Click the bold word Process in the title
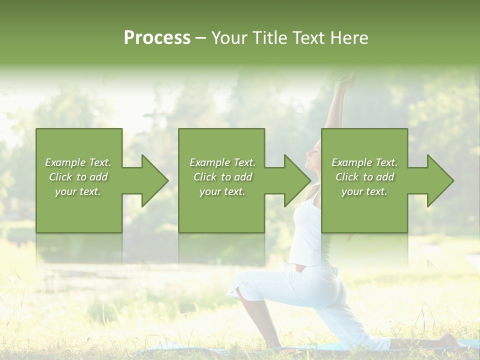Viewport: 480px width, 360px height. (157, 38)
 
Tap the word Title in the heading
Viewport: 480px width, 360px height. (267, 38)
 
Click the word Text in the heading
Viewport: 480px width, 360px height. (308, 38)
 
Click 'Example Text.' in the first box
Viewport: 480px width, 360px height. (78, 162)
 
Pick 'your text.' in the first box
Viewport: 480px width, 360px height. (78, 191)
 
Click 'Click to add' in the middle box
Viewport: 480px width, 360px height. (222, 177)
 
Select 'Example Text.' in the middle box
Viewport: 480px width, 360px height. (222, 162)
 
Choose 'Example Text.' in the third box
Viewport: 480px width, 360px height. (364, 162)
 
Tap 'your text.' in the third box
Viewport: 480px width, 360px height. (364, 191)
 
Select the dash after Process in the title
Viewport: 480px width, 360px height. (200, 38)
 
